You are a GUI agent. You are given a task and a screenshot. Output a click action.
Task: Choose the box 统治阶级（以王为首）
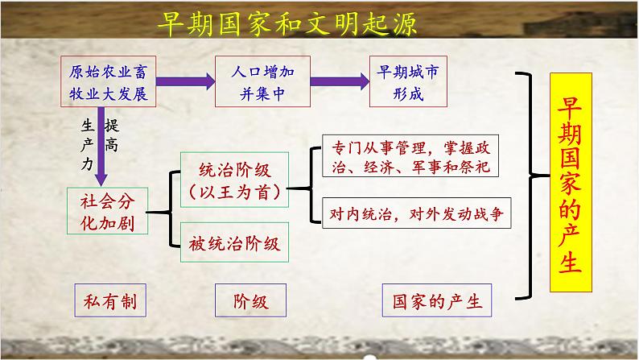[233, 180]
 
